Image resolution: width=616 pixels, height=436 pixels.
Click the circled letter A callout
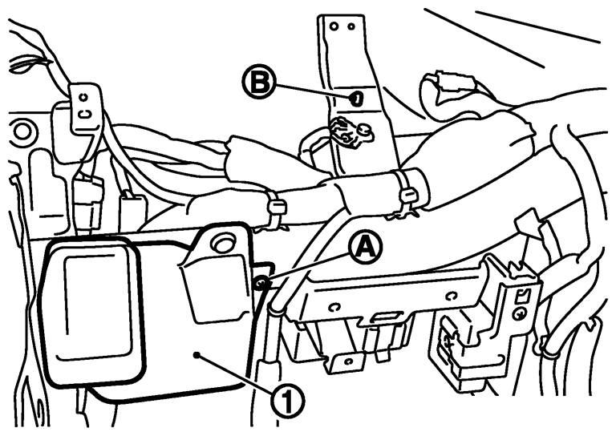click(364, 248)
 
